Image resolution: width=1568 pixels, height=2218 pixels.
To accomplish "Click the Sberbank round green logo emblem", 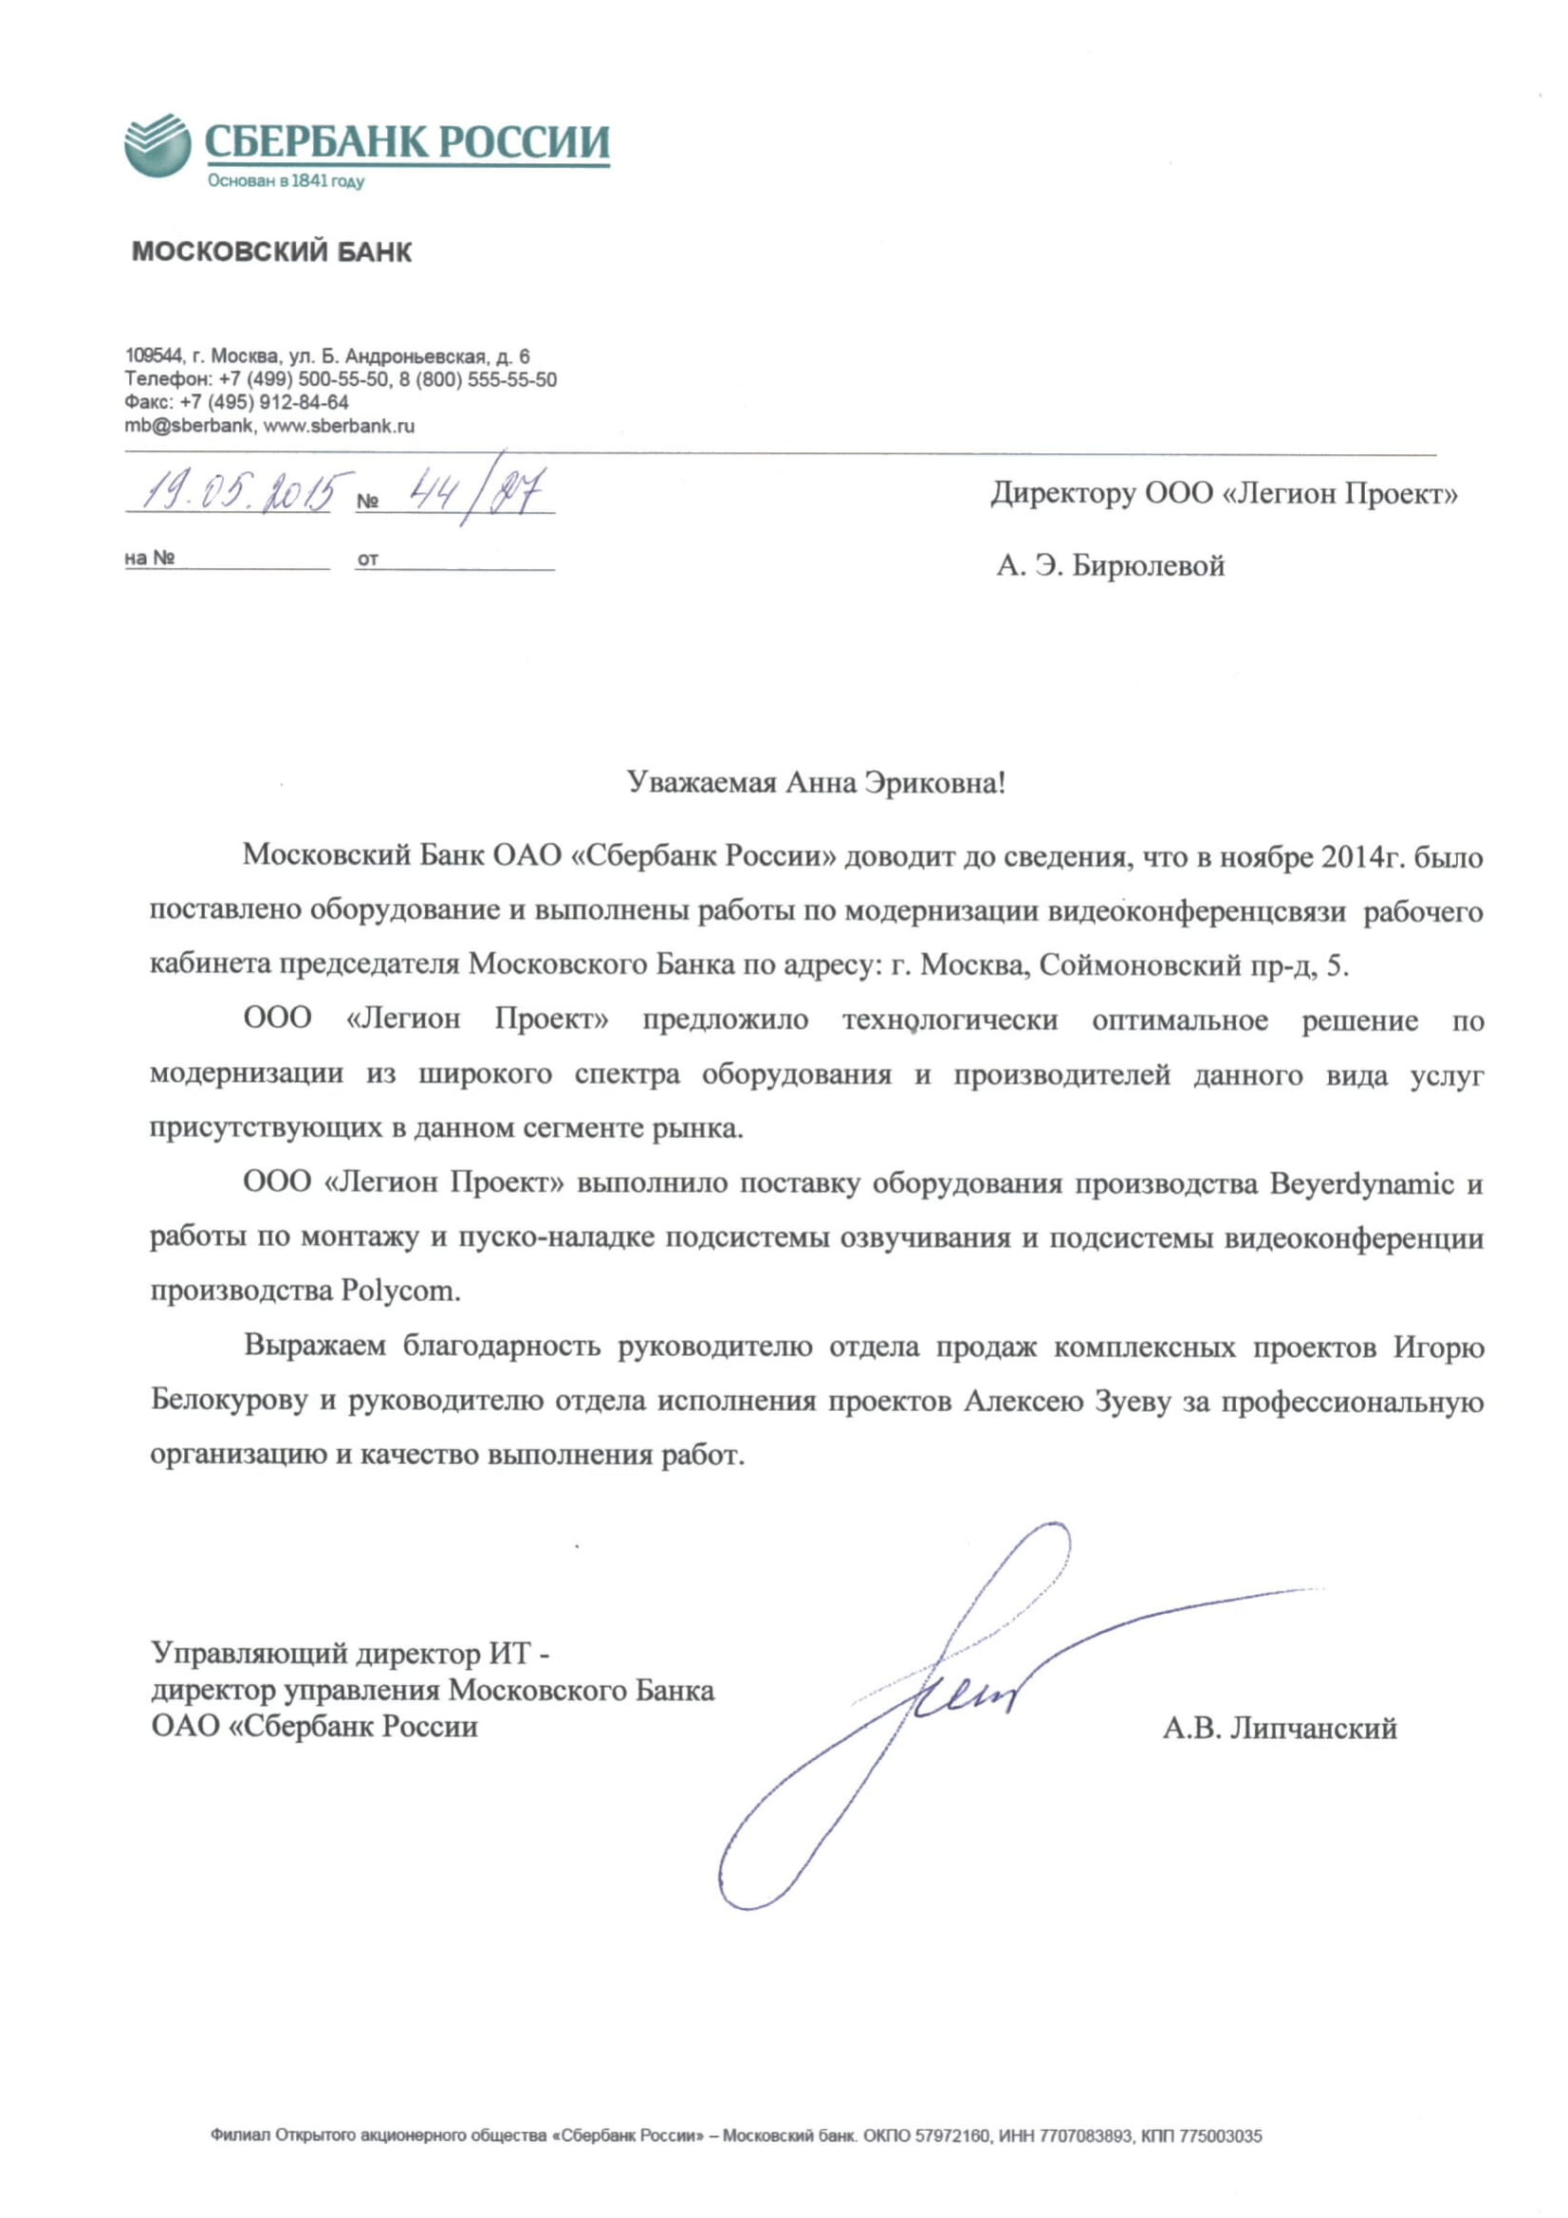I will pos(157,145).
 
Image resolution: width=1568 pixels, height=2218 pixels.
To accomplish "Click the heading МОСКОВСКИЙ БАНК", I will pos(271,252).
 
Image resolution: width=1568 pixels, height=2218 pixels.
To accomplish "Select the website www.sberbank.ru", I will pos(339,426).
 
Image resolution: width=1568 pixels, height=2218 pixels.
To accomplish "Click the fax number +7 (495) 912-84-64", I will pos(265,402).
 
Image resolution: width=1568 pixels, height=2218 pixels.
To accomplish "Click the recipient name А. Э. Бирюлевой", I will pos(1110,565).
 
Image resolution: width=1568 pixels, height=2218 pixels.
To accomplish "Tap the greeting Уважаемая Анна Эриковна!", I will pos(817,781).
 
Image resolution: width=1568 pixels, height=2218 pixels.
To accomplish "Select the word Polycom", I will pos(400,1292).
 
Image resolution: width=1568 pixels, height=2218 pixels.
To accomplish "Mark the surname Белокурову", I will pos(228,1401).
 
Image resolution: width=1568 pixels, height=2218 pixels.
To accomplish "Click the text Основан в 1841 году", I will pos(286,182).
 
